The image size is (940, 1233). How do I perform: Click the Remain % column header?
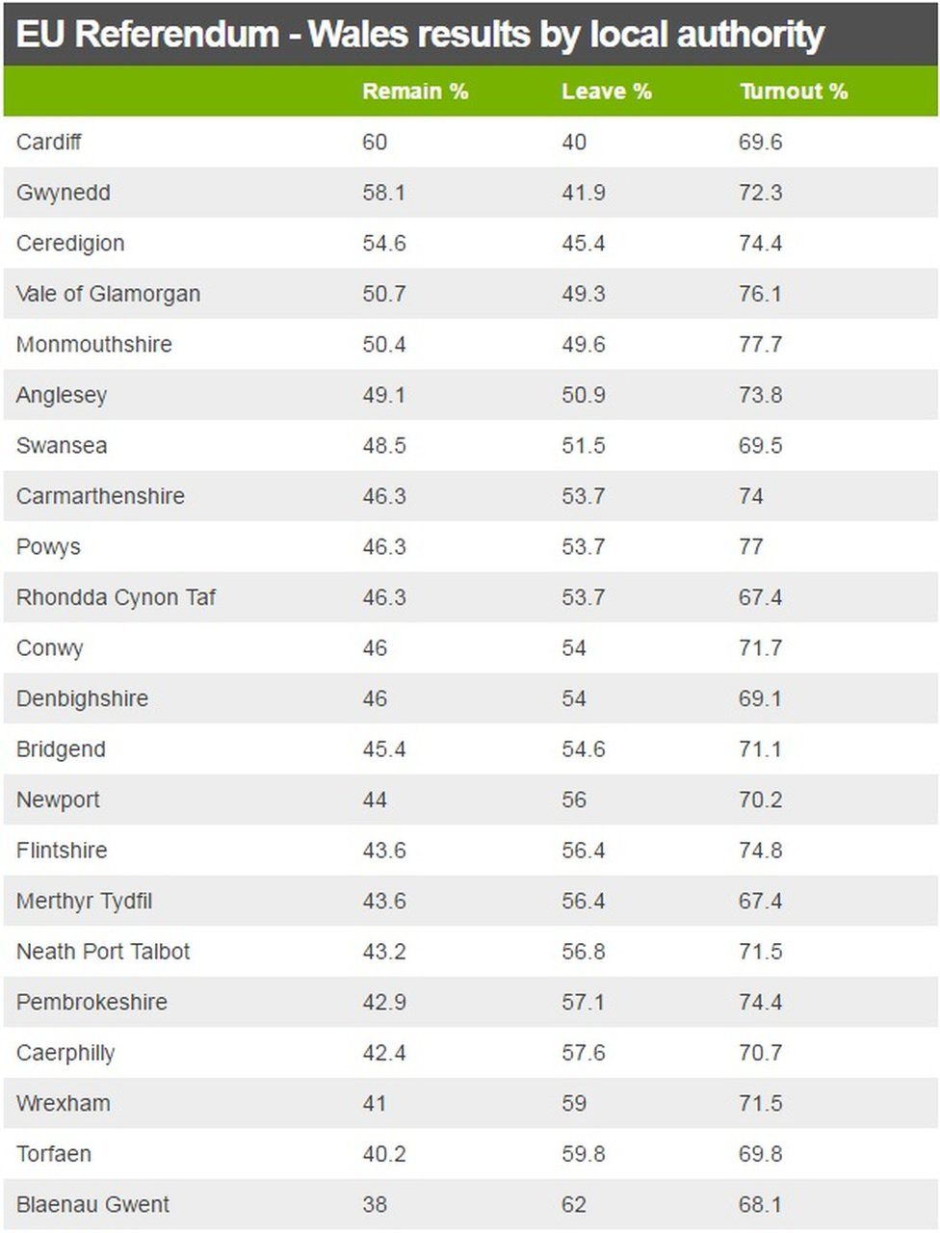coord(415,92)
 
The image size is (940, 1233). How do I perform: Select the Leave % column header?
coord(607,92)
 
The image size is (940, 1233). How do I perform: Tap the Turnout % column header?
coord(794,92)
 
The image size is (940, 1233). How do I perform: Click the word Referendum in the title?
coord(177,36)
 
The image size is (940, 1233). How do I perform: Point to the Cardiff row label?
coord(49,143)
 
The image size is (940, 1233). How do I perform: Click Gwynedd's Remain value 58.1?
coord(383,193)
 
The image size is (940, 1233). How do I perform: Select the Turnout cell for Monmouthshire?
coord(760,345)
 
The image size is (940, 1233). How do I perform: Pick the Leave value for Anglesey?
coord(584,395)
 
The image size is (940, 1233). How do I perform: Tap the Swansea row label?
coord(62,446)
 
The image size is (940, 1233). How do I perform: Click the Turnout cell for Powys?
coord(751,547)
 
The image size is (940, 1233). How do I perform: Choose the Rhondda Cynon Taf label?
coord(116,597)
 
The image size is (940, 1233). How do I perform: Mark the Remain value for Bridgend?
coord(383,749)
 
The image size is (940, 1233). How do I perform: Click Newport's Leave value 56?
coord(574,800)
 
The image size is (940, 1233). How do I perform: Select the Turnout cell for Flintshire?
coord(760,851)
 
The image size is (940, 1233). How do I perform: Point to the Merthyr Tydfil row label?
coord(85,902)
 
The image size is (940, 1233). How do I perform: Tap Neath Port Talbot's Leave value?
coord(584,952)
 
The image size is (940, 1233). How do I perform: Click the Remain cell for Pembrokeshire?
coord(383,1002)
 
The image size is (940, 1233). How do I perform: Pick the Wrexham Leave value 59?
coord(574,1103)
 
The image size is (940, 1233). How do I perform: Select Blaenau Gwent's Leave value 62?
coord(574,1204)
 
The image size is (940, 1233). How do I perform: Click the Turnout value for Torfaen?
coord(760,1154)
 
